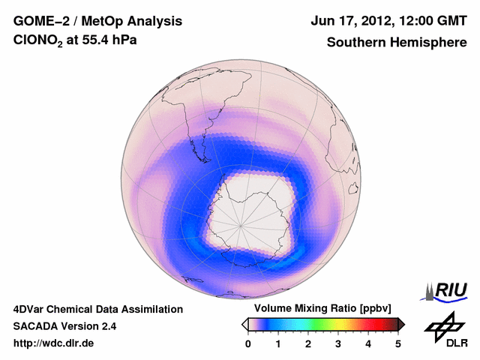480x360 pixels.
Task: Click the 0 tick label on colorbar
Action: pos(248,343)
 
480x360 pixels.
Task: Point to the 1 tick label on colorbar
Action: pos(278,343)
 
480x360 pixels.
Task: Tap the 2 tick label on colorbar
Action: pos(308,343)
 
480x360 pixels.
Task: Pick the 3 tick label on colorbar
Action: pos(338,343)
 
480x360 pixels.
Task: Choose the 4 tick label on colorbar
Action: pos(368,343)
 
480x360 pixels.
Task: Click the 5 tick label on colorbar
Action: pos(398,343)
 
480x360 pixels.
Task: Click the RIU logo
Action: pos(448,290)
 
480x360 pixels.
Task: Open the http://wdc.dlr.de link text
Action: pos(54,343)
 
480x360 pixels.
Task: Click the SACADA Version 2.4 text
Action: pos(64,326)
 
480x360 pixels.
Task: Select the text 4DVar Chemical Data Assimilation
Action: pos(97,309)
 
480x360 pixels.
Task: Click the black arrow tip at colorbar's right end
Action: pos(402,323)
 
